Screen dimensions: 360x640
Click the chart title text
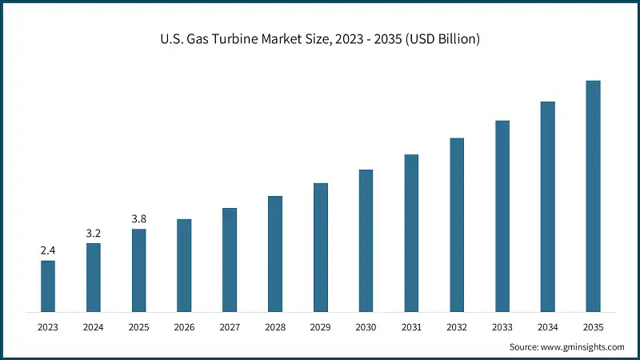point(320,39)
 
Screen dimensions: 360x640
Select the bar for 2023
point(48,286)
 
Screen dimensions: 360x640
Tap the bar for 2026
point(184,265)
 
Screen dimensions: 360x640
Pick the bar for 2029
point(320,247)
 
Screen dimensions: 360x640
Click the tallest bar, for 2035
point(593,196)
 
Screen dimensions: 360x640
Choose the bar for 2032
point(457,225)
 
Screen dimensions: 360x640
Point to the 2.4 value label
point(48,250)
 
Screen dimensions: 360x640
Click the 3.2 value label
point(94,233)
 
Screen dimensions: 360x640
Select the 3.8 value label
point(138,218)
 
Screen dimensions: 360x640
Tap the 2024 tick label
point(94,326)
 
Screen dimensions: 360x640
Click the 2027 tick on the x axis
point(230,326)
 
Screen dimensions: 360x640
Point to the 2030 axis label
point(366,326)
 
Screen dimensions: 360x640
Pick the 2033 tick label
point(502,326)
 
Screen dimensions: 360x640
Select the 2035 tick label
point(593,326)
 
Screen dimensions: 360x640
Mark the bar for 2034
point(548,206)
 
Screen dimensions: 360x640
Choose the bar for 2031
point(411,233)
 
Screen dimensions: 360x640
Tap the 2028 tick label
point(275,326)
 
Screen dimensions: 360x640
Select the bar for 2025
point(138,270)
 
